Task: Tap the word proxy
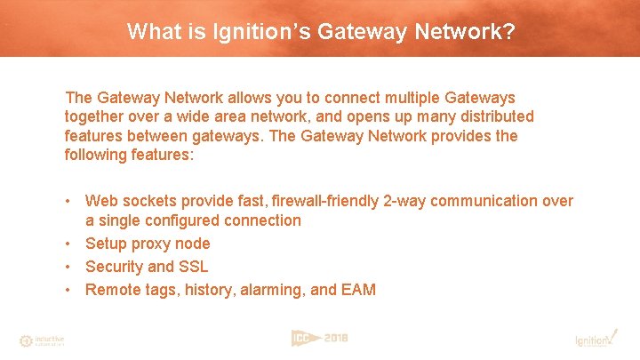pyautogui.click(x=153, y=244)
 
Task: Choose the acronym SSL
pyautogui.click(x=193, y=267)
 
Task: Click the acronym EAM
pyautogui.click(x=357, y=290)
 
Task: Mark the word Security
pyautogui.click(x=114, y=267)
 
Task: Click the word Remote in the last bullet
pyautogui.click(x=111, y=290)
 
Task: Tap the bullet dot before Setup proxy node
pyautogui.click(x=69, y=244)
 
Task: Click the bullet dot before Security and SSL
pyautogui.click(x=69, y=267)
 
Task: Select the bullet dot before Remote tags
pyautogui.click(x=69, y=290)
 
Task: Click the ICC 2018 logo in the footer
pyautogui.click(x=319, y=338)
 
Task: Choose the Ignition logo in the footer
pyautogui.click(x=594, y=339)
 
